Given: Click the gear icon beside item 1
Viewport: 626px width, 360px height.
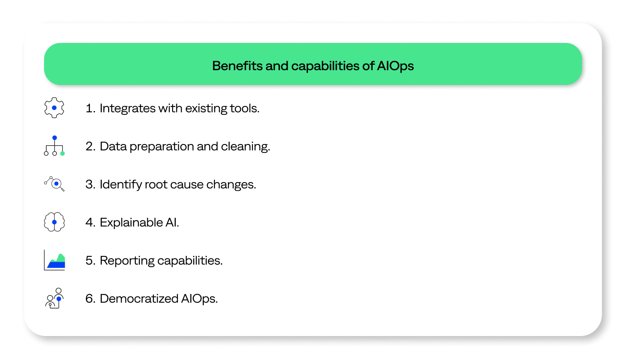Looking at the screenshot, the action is (54, 108).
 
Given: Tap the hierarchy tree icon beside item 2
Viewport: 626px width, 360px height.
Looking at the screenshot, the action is (54, 146).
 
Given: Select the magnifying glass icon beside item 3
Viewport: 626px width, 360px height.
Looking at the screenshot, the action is (54, 184).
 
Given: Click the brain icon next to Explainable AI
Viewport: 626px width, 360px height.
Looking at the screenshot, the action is (54, 222).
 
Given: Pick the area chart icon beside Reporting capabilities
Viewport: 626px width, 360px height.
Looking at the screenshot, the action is (54, 260).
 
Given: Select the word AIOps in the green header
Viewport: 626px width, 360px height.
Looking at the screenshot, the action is (395, 66).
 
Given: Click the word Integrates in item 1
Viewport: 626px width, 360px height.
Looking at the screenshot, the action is (128, 109).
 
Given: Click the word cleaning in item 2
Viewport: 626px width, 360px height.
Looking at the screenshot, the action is (246, 147).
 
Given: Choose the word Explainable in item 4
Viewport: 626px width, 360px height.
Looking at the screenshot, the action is (131, 223).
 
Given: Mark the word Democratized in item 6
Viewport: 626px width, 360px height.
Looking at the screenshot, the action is (139, 298).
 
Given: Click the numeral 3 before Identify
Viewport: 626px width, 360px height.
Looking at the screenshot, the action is (89, 185).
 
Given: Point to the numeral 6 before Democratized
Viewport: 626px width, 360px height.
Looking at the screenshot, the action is (89, 298).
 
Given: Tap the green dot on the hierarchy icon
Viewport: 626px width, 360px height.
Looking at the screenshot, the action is (63, 154).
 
